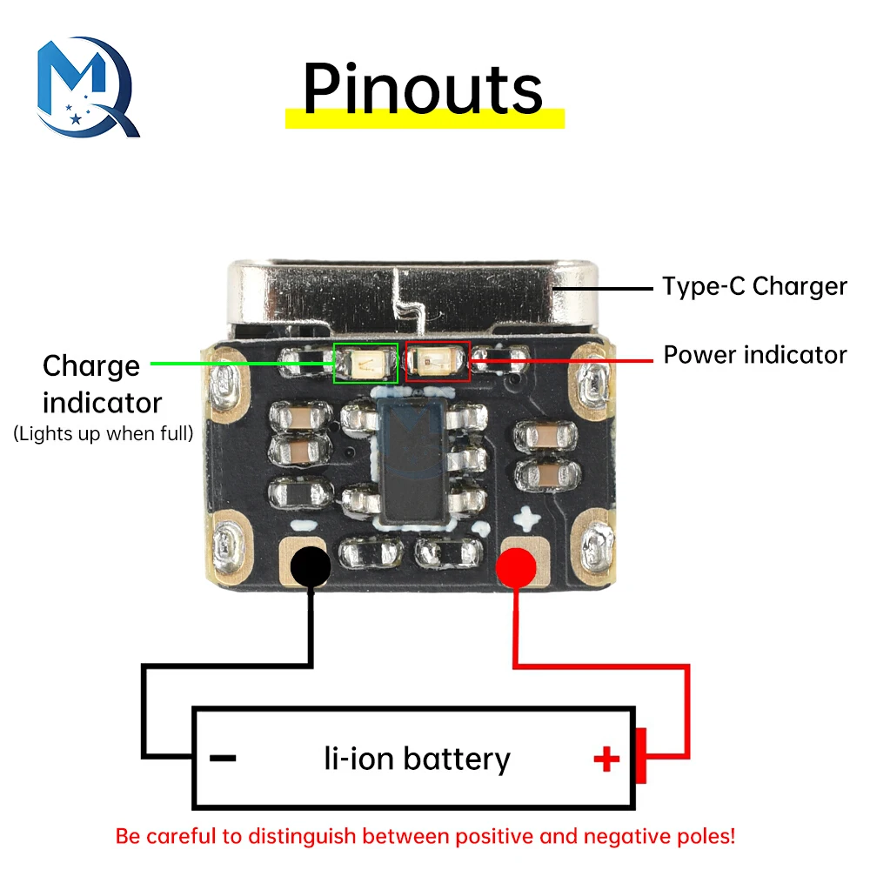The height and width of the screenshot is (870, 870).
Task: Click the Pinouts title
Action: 423,88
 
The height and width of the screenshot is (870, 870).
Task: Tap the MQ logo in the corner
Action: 87,87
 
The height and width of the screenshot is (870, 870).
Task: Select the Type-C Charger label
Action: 754,286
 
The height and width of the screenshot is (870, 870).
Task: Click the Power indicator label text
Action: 754,355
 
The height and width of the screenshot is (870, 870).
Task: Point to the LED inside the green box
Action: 366,363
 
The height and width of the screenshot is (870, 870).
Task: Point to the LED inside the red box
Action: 438,361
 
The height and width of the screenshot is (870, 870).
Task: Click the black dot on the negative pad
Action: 310,568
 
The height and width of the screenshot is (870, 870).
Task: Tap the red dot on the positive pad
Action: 516,568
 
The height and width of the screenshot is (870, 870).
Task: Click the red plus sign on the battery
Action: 606,760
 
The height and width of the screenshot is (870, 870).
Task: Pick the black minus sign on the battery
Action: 224,758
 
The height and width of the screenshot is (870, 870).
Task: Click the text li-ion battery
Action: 416,759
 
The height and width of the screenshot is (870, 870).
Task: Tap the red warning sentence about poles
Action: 425,837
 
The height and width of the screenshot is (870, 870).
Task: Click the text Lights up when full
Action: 104,433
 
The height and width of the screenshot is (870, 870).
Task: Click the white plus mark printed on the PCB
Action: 527,519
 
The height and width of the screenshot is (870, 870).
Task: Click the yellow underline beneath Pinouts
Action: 425,119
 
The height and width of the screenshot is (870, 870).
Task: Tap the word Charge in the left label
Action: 90,365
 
